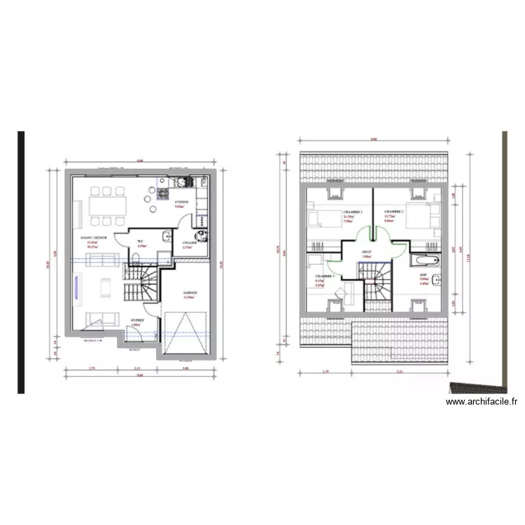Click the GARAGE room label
(x=190, y=293)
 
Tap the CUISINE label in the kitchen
(x=181, y=202)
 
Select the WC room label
(x=141, y=241)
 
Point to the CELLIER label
(x=188, y=242)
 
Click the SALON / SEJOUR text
(x=93, y=239)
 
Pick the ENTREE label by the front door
(x=137, y=321)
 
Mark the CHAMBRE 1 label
(x=353, y=212)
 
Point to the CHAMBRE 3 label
(x=323, y=277)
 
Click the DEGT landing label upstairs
(x=366, y=252)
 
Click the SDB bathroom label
(x=423, y=275)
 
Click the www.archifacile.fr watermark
(x=482, y=402)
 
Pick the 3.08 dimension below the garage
(x=185, y=368)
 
